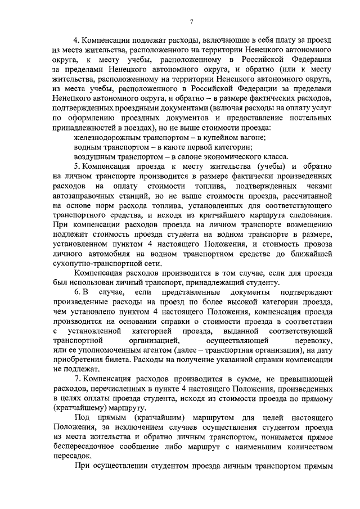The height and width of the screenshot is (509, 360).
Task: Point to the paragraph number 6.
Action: click(x=77, y=293)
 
